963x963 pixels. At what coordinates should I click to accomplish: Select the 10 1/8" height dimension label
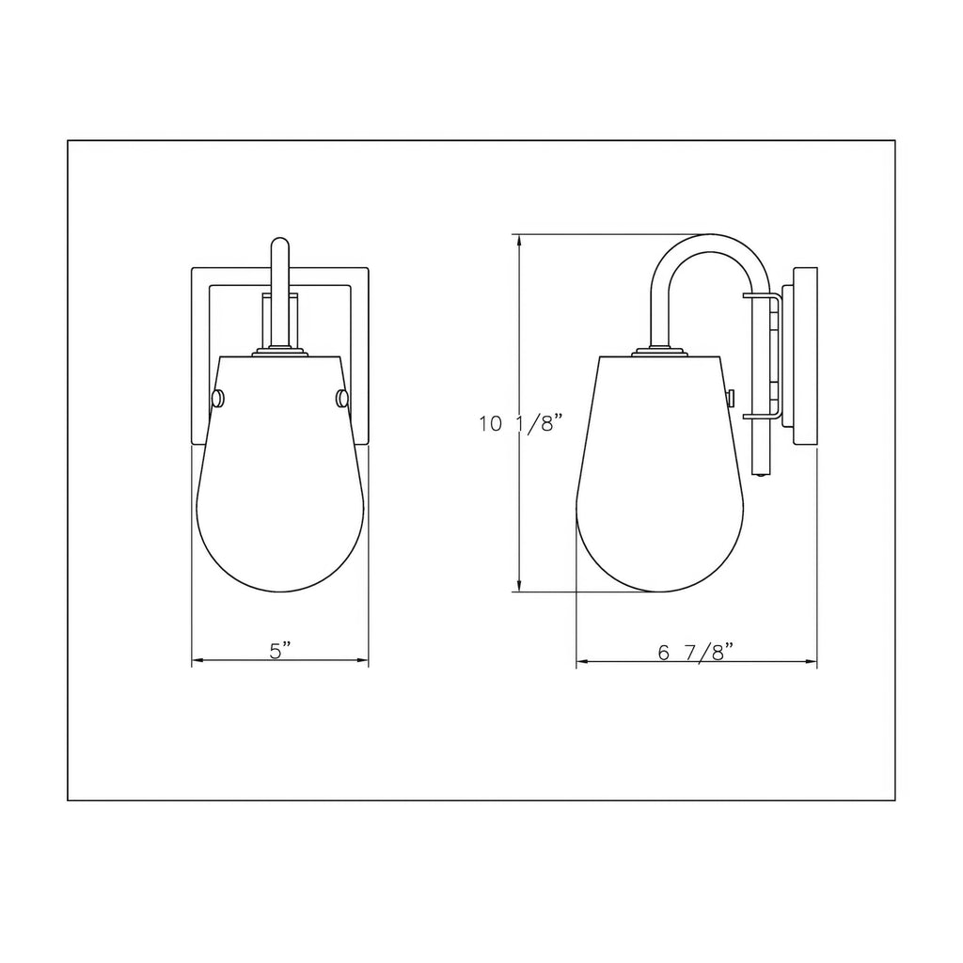(x=521, y=423)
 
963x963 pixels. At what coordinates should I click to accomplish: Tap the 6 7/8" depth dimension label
(x=696, y=651)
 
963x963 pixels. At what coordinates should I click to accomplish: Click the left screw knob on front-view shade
(x=217, y=399)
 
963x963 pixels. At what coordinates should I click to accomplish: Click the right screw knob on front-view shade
(x=342, y=399)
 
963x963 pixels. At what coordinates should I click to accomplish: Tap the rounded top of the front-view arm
(x=280, y=243)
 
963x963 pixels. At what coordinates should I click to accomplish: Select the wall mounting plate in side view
(x=805, y=355)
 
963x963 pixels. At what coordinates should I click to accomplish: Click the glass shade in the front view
(x=280, y=473)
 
